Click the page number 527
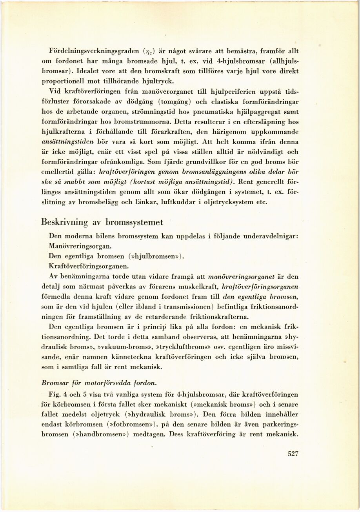point(293,454)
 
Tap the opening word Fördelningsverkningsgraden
point(94,51)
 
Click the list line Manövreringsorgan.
point(80,247)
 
